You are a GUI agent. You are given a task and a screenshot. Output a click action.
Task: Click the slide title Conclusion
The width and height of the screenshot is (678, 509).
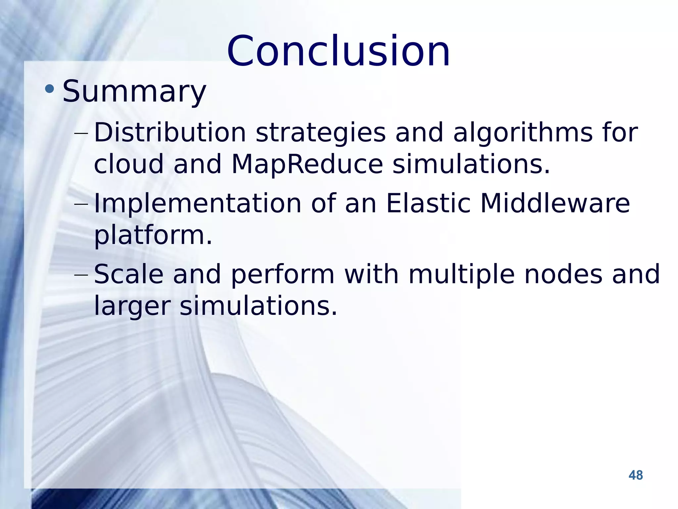point(338,51)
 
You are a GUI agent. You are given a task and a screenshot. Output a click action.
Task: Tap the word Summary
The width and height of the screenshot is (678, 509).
point(134,91)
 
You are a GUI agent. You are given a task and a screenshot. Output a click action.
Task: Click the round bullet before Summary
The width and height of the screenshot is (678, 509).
point(49,88)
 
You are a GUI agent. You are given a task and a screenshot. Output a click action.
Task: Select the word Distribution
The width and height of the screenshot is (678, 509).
point(170,133)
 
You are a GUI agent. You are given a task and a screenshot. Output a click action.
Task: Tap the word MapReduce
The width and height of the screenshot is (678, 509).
point(307,164)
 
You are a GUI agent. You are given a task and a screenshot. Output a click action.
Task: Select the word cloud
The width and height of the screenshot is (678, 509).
point(129,164)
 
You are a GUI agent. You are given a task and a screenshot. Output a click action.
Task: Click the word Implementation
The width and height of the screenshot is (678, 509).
point(198,203)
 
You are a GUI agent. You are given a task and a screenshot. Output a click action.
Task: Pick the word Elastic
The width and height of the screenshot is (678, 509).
point(428,203)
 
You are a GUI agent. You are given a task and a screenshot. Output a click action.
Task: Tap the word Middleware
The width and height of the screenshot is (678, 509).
point(555,203)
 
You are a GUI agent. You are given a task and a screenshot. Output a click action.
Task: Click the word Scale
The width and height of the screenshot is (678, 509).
point(129,274)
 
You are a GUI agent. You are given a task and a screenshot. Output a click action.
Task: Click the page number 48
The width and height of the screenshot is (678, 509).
point(635,475)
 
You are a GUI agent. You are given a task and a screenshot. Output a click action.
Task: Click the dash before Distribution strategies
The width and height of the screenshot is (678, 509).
point(81,134)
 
